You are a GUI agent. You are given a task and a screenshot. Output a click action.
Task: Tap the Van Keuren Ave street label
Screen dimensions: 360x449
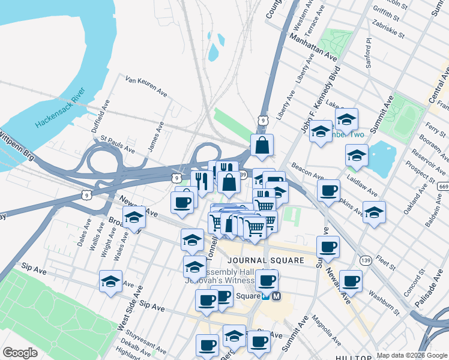pyautogui.click(x=146, y=86)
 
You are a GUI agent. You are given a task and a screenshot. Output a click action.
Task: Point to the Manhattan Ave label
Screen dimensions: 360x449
pyautogui.click(x=313, y=47)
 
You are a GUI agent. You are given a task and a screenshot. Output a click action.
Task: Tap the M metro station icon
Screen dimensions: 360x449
pyautogui.click(x=277, y=296)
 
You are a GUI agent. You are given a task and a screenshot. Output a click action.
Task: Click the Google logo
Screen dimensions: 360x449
pyautogui.click(x=20, y=353)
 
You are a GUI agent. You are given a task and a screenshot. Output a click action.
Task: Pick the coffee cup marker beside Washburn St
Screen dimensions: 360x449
pyautogui.click(x=351, y=281)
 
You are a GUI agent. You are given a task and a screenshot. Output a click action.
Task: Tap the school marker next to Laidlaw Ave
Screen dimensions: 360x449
pyautogui.click(x=357, y=155)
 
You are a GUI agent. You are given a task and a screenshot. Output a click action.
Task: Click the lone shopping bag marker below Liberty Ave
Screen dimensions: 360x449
pyautogui.click(x=262, y=145)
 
